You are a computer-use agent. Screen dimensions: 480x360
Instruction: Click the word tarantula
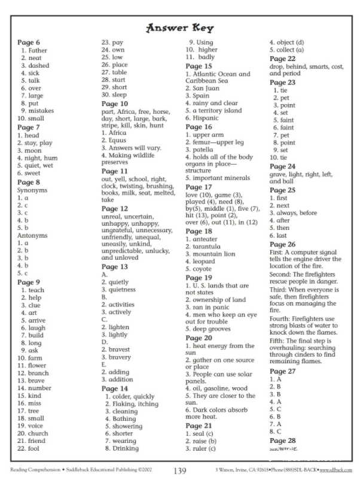210,246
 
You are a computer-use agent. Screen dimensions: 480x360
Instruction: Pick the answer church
41,433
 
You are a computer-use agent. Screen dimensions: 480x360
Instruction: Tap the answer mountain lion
215,254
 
